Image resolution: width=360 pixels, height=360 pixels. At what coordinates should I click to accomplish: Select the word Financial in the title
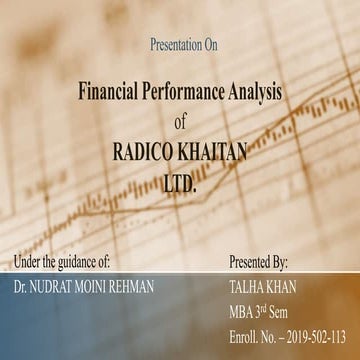112,91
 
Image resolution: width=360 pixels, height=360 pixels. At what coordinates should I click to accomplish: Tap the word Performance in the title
190,91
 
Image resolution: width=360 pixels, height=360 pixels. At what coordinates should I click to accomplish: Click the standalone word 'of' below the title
180,122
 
